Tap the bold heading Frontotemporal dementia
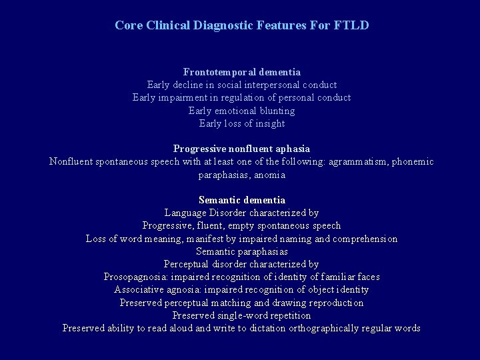241,71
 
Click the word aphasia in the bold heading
292,149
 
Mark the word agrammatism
361,162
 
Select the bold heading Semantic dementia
241,200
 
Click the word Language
185,213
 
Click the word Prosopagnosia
135,277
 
